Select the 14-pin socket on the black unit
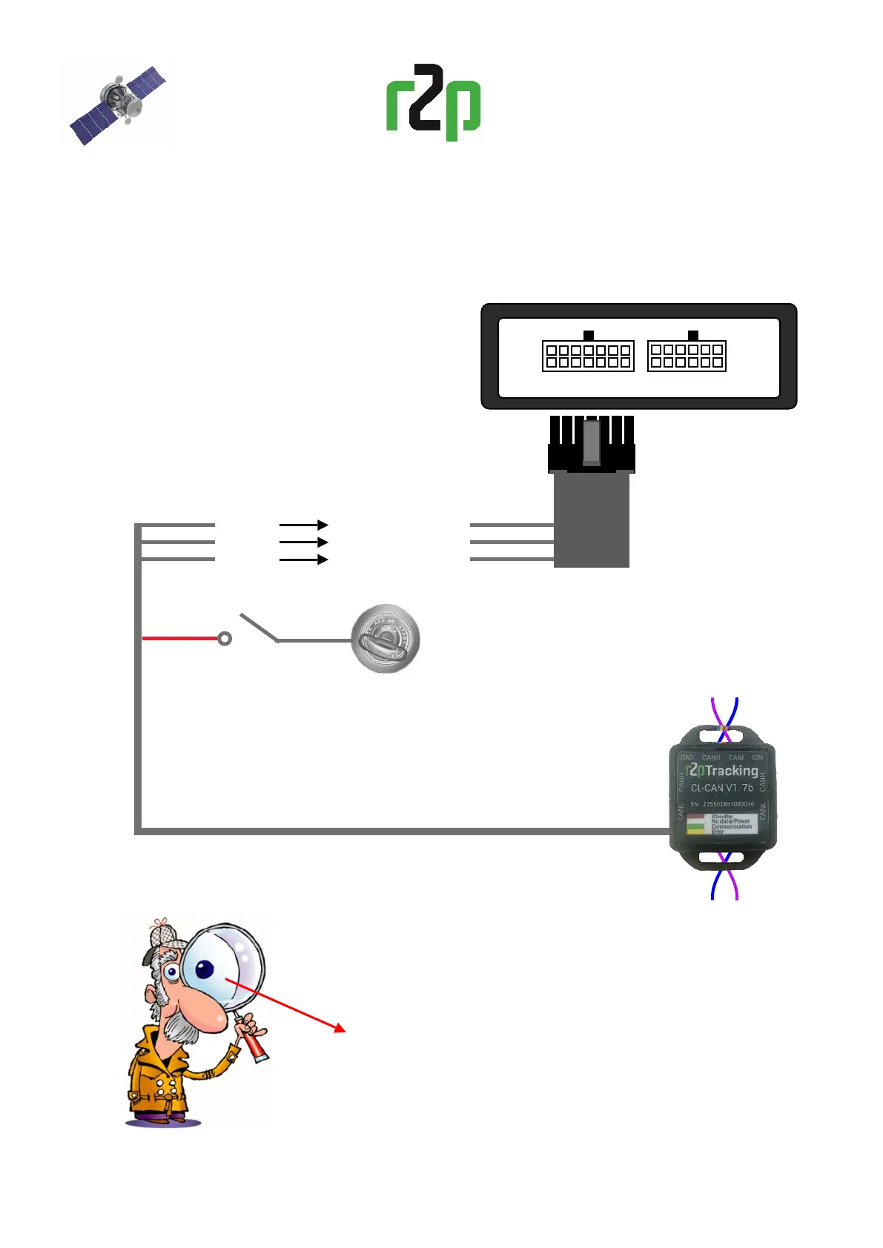click(588, 356)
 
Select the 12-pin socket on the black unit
click(687, 356)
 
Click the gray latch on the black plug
click(591, 442)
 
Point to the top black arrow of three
click(304, 525)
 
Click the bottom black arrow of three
click(304, 560)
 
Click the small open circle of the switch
click(225, 638)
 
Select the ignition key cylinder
click(386, 639)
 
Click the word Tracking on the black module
click(731, 771)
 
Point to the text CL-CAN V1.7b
click(721, 788)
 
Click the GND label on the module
click(687, 757)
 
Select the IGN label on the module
click(757, 757)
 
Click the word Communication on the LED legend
click(731, 826)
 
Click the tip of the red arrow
click(344, 1030)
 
